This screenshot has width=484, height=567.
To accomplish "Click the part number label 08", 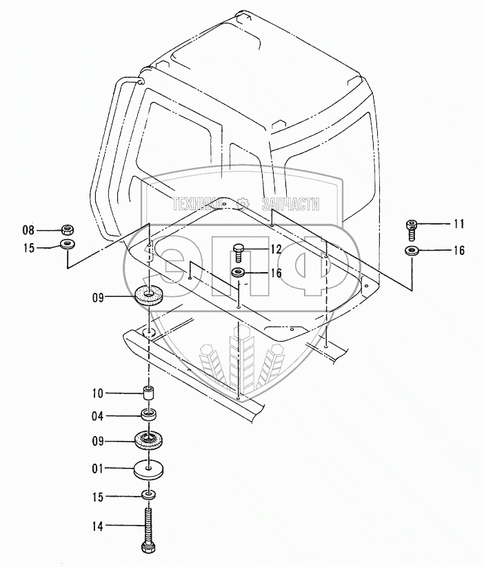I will (28, 229).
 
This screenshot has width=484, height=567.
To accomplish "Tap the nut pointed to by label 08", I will (68, 229).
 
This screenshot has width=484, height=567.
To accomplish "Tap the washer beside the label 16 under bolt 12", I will (238, 274).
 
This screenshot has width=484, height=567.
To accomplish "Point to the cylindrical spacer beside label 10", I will (148, 395).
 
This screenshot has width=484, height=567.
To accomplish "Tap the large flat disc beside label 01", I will (148, 470).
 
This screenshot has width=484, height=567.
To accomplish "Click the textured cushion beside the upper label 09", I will (149, 297).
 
